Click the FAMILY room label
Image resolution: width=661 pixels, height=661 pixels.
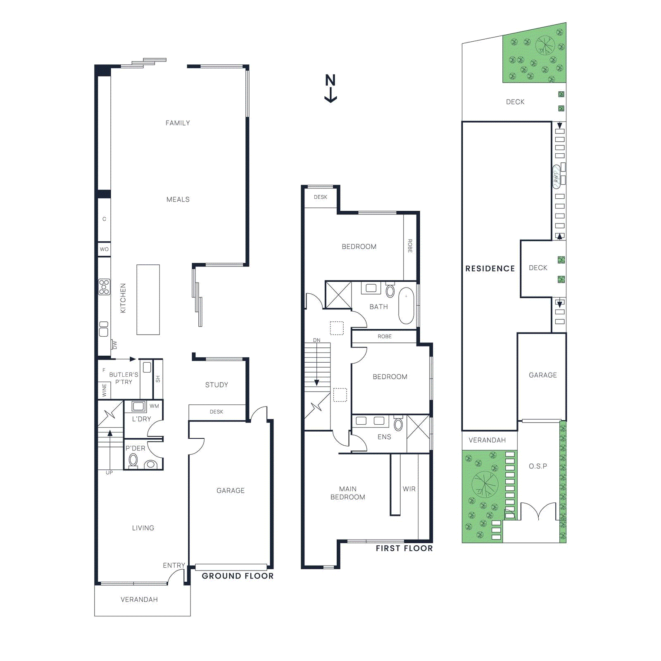(178, 123)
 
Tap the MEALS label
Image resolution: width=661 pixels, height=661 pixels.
(178, 200)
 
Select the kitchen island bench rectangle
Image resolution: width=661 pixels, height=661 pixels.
(148, 300)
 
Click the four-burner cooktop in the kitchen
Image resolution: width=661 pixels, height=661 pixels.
(104, 287)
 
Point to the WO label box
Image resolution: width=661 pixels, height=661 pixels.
(104, 249)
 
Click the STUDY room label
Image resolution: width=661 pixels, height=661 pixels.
(216, 385)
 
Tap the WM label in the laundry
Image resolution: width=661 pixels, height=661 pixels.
(154, 406)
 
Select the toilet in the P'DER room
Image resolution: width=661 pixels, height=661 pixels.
(133, 460)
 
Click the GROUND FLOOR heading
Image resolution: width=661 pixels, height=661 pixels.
(238, 576)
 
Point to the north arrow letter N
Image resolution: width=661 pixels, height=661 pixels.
(330, 80)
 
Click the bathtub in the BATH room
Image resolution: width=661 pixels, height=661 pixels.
(406, 306)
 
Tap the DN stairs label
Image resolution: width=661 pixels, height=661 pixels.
(316, 340)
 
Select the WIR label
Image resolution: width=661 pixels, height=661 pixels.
(409, 489)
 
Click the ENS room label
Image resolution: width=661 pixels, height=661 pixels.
(384, 437)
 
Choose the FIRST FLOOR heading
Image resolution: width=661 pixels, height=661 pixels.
(404, 548)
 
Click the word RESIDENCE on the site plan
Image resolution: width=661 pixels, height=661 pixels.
(490, 269)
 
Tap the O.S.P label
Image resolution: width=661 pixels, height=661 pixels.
(538, 466)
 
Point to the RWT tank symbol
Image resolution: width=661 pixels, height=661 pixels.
(556, 177)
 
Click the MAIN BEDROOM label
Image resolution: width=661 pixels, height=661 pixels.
(348, 493)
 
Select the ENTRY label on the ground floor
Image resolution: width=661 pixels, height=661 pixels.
(174, 565)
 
